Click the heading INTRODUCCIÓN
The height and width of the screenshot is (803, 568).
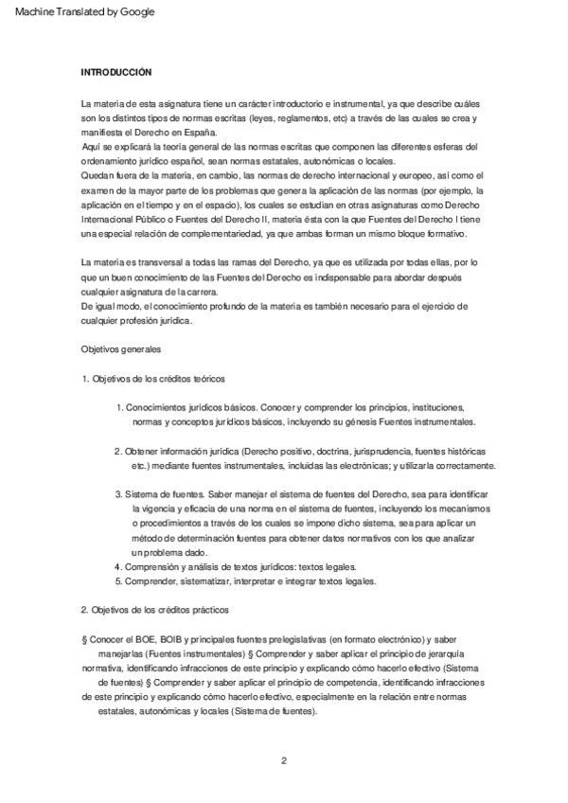click(x=116, y=72)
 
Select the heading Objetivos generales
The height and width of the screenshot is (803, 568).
click(x=121, y=349)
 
